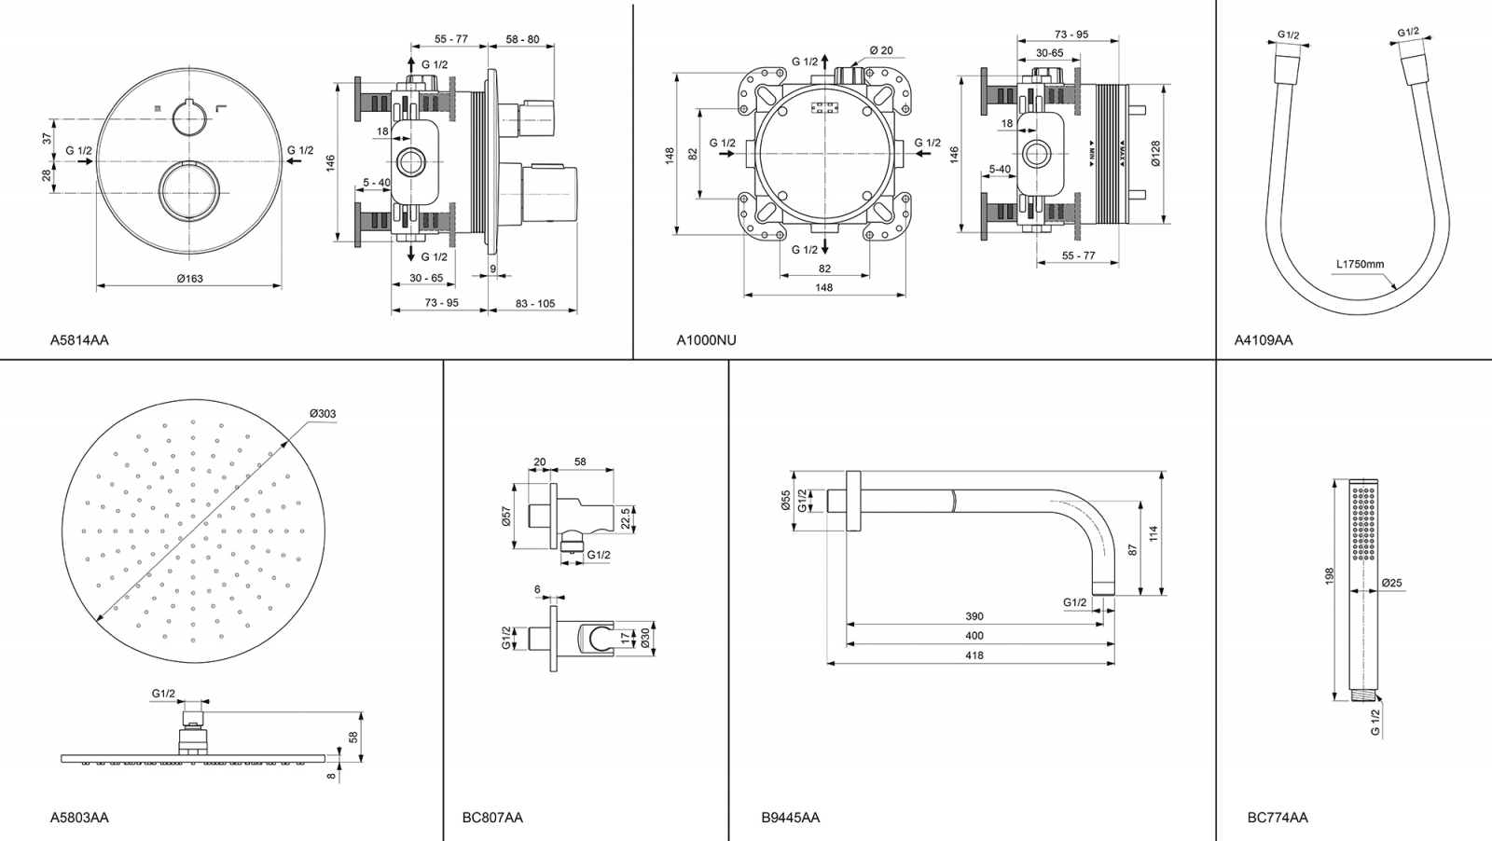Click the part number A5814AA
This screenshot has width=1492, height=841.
(79, 340)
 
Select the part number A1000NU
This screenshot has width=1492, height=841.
(706, 340)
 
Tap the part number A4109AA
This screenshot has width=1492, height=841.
(1264, 340)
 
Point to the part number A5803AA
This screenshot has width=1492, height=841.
(79, 818)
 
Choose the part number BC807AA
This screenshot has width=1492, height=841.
(492, 818)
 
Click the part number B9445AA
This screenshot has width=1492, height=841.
(791, 818)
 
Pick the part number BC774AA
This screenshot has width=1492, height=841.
(1278, 818)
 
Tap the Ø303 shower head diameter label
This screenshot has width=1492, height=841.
(323, 414)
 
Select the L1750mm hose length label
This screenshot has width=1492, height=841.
(1361, 264)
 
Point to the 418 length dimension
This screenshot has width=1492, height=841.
(974, 655)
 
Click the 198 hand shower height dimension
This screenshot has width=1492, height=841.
(1330, 576)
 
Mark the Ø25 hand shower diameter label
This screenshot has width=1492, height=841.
(1391, 584)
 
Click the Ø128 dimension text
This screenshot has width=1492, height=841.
(1155, 154)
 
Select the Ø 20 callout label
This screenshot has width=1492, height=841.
(881, 50)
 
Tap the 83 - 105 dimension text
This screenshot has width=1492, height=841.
(533, 304)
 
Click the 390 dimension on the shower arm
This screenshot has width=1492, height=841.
(974, 616)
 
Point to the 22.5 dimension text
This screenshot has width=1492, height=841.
(626, 517)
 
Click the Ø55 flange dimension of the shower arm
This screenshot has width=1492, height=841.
(785, 502)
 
